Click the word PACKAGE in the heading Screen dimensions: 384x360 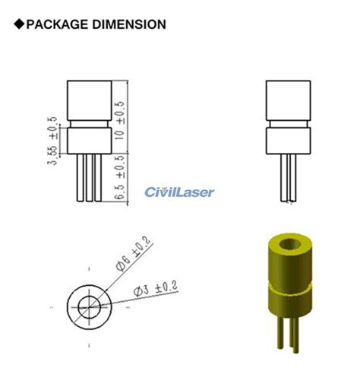(x=60, y=24)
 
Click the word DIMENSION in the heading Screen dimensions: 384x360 (x=130, y=24)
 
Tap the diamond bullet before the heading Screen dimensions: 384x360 (x=19, y=24)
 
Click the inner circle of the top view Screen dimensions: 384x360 (x=90, y=306)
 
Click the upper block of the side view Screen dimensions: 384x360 (x=288, y=99)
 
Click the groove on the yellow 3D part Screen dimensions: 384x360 (x=289, y=286)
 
